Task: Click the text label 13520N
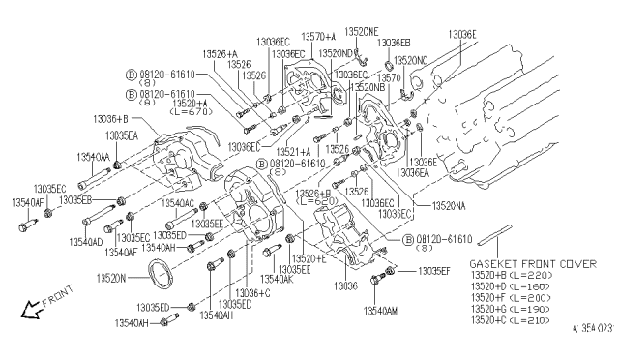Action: point(112,277)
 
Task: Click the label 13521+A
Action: point(320,151)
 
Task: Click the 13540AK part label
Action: point(276,279)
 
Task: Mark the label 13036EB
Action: point(394,43)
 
